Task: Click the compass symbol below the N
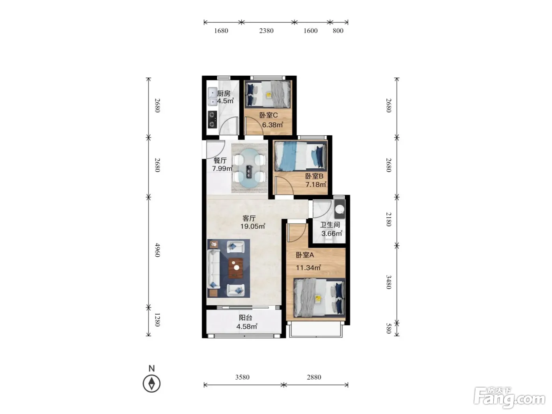click(151, 383)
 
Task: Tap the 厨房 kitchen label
click(224, 93)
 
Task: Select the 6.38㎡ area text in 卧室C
click(272, 125)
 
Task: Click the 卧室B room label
click(314, 176)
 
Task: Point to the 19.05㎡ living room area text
click(253, 226)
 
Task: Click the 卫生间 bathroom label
click(330, 225)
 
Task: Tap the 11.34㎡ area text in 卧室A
click(308, 267)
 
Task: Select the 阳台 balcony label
click(246, 318)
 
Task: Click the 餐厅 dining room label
click(220, 160)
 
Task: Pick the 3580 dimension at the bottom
click(242, 377)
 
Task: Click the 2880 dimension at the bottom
click(314, 377)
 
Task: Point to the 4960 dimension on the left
click(157, 250)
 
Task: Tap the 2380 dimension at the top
click(266, 31)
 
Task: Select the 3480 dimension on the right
click(389, 282)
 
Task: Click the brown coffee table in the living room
click(236, 268)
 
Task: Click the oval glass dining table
click(249, 168)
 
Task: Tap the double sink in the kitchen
click(213, 97)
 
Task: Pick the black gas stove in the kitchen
click(213, 119)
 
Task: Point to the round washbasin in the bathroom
click(340, 209)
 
